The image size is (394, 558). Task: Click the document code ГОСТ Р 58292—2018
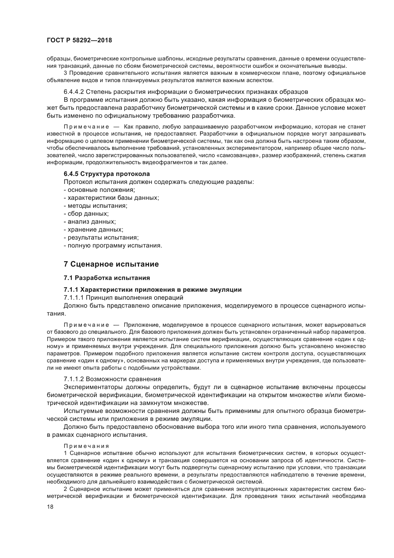(79, 40)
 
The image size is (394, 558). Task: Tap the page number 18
(50, 507)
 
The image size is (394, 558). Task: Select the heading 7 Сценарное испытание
(111, 264)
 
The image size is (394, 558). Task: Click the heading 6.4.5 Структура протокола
(107, 174)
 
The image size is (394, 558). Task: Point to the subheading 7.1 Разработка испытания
(107, 278)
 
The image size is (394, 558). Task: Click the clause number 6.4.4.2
(74, 92)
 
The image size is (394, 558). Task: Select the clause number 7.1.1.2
(74, 379)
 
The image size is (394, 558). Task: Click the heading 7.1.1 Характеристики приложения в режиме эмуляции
(153, 290)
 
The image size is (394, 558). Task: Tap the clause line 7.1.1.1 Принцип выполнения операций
(123, 298)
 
